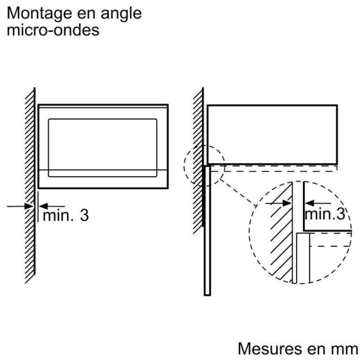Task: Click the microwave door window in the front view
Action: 103,145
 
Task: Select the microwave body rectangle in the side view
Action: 272,134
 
